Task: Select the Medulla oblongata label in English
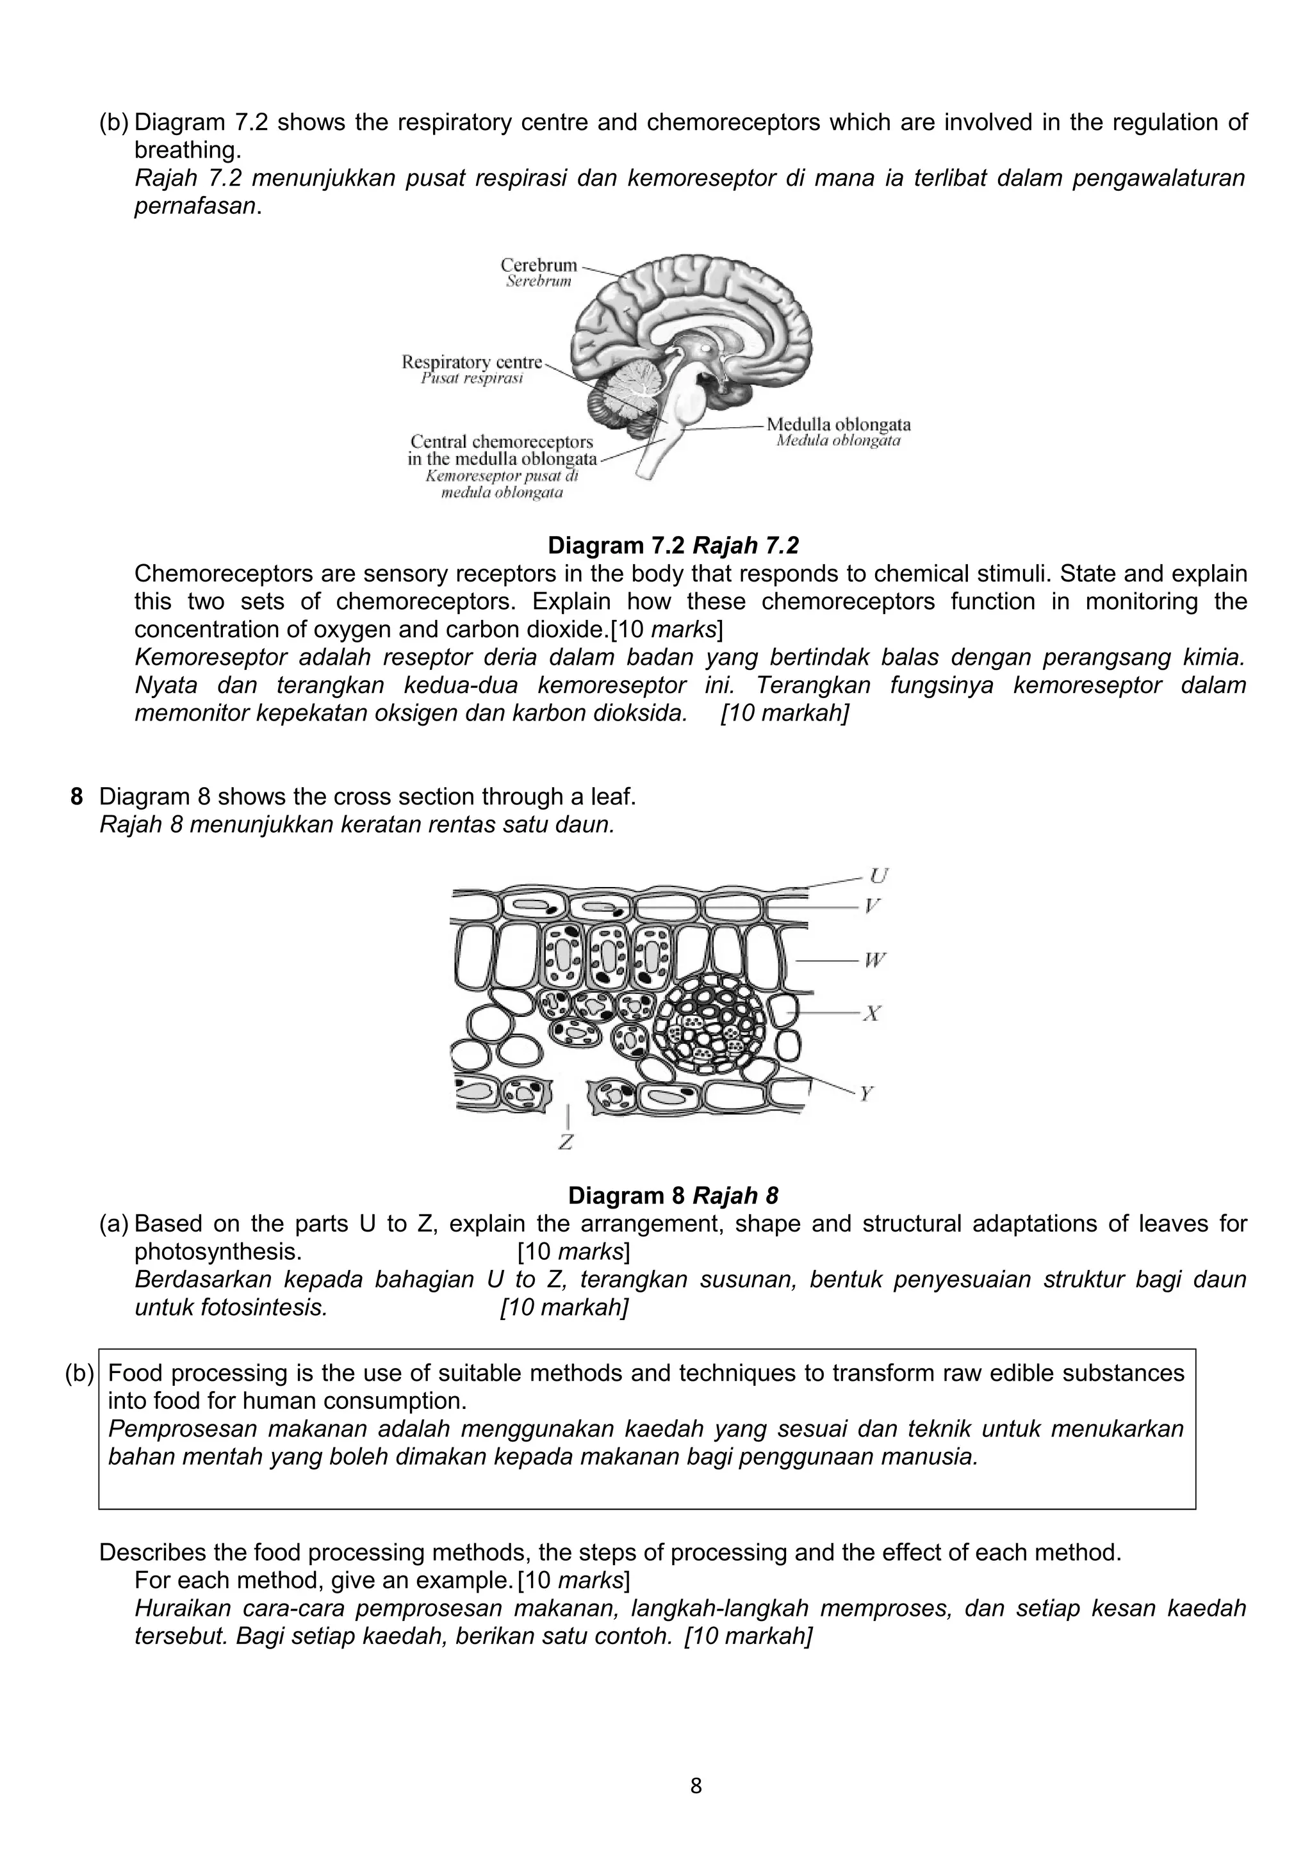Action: click(x=839, y=425)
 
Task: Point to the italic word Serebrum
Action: click(x=538, y=281)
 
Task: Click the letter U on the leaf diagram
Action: click(x=878, y=875)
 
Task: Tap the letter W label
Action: click(x=874, y=960)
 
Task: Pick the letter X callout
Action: click(x=871, y=1013)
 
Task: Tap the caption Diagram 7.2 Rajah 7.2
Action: click(x=673, y=546)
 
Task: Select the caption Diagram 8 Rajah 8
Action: click(x=673, y=1196)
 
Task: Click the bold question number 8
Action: click(x=77, y=797)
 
